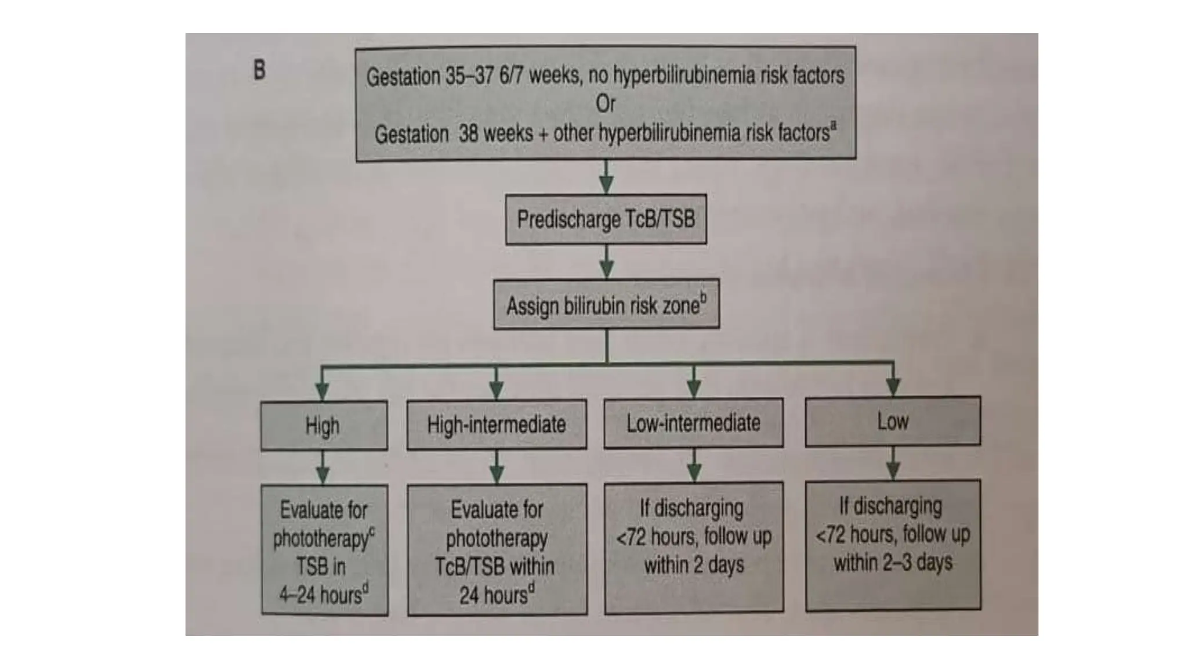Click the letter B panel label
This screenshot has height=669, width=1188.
[259, 70]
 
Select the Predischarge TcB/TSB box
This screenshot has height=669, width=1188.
[606, 220]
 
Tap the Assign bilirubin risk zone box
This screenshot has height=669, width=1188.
[606, 305]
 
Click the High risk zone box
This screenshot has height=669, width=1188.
[323, 426]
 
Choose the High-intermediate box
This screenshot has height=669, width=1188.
[497, 425]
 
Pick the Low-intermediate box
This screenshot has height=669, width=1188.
[693, 423]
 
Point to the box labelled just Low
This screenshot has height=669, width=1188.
[893, 421]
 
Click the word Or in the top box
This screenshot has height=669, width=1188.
[605, 105]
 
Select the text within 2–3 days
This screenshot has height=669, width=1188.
[893, 562]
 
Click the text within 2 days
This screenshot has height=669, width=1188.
[694, 564]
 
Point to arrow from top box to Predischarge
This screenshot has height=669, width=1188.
[606, 178]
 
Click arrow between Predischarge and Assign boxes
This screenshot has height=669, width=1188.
[606, 262]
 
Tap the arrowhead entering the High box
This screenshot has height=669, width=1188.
[323, 391]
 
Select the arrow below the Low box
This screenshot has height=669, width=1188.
[893, 463]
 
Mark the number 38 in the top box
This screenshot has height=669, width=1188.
[468, 134]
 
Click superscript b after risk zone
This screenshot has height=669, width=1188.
[703, 298]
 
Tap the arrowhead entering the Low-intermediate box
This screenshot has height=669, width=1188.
[694, 389]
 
